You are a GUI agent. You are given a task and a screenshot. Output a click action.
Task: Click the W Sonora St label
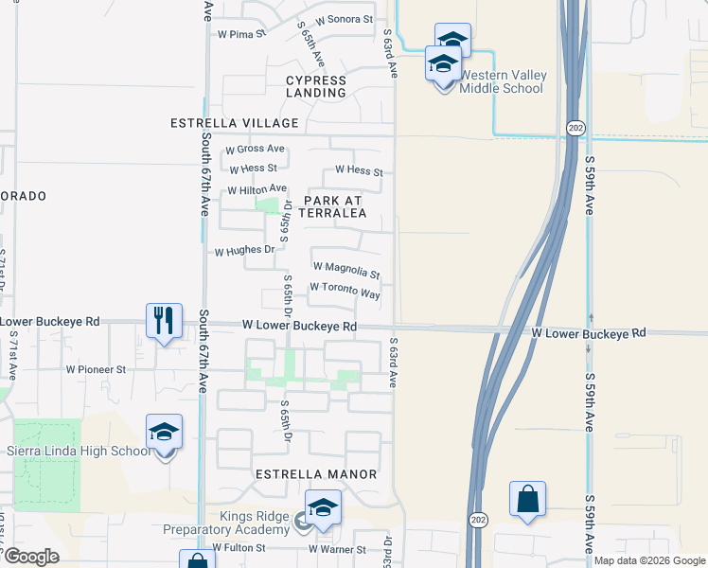click(344, 19)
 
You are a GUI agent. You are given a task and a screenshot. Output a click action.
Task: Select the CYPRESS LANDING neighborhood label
click(316, 87)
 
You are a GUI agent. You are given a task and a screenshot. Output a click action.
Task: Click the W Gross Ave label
click(255, 150)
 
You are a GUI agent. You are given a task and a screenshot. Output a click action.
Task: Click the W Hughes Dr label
click(244, 252)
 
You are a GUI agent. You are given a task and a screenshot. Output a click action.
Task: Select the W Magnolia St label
click(345, 271)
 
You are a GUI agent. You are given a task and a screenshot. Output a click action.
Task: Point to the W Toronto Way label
click(345, 290)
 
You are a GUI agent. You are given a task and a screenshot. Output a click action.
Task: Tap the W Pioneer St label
click(96, 369)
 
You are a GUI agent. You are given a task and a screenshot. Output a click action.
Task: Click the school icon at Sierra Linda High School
click(165, 433)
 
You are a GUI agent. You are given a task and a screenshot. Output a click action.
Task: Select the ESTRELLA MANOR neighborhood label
click(317, 474)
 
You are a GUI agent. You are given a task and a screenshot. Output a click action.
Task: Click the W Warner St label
click(337, 549)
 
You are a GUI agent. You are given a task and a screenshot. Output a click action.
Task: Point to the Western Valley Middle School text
click(502, 82)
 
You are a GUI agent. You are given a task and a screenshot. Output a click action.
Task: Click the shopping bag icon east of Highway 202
click(527, 500)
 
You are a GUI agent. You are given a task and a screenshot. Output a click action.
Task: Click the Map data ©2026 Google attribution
click(648, 560)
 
